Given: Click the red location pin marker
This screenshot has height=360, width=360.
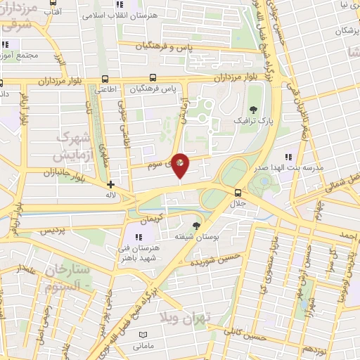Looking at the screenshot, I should point(181,165).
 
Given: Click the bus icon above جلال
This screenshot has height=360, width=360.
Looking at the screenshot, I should point(238,192).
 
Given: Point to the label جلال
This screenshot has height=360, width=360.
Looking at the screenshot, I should point(238,202).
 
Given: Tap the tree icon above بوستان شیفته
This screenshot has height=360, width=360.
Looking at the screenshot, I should point(195,226).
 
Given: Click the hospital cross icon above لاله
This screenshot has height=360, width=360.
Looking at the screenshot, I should point(110,184).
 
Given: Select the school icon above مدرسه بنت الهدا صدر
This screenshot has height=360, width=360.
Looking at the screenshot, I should point(287,157).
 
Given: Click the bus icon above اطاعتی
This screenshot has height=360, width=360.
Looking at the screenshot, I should point(105,79).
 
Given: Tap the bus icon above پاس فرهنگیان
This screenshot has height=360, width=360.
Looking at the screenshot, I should point(153,79).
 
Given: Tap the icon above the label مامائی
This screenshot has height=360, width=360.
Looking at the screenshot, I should point(143,335).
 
